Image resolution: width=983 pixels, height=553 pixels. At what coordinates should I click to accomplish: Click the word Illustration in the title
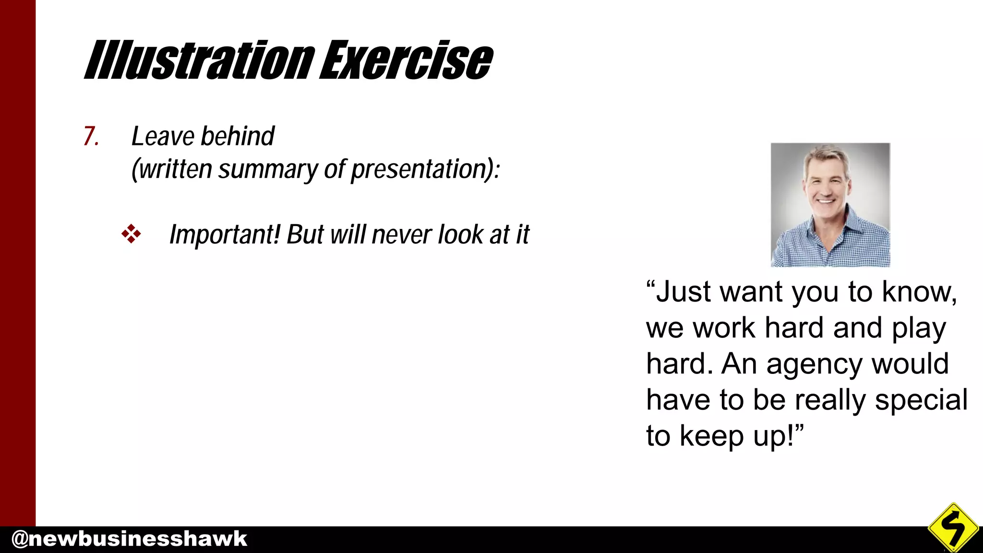pos(199,60)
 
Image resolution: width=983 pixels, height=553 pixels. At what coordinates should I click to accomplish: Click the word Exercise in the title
pos(406,60)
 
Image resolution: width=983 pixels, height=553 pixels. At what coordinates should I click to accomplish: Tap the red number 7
pos(90,136)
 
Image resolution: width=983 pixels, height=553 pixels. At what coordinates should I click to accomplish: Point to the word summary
pos(268,170)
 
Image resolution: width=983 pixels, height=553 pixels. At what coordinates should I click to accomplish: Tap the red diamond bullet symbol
pos(131,234)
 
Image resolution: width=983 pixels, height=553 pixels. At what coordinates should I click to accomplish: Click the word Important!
pos(225,235)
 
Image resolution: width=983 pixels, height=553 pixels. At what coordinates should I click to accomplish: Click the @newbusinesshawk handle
pos(129,539)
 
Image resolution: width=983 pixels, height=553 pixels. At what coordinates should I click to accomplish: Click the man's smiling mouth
pos(827,200)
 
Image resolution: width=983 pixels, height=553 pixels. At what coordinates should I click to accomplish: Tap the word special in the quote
pos(921,400)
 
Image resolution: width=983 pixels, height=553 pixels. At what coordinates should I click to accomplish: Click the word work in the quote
pos(725,328)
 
